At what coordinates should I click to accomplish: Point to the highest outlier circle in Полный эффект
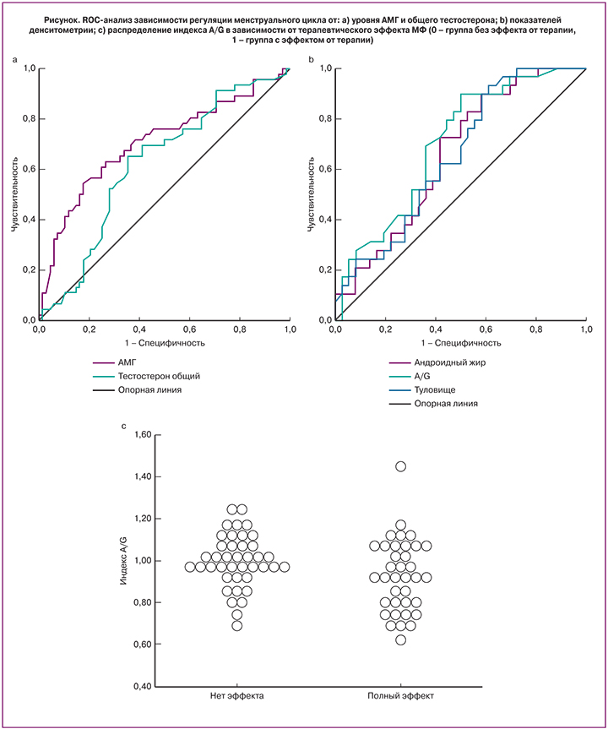(x=401, y=466)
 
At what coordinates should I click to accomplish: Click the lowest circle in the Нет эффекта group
(x=237, y=626)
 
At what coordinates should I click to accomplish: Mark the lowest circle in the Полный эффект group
(x=401, y=639)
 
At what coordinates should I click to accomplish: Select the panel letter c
(x=125, y=425)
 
